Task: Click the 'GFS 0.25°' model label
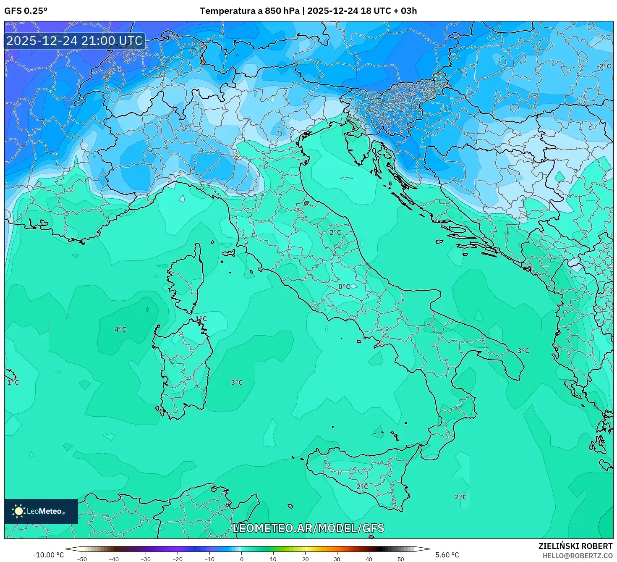point(26,11)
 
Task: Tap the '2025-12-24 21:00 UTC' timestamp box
point(75,41)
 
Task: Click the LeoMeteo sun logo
point(18,511)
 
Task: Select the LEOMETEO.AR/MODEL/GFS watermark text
point(308,528)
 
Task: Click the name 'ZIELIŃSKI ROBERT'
point(575,546)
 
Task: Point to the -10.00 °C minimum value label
point(48,555)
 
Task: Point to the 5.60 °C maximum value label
point(447,555)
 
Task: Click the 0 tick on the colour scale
point(241,559)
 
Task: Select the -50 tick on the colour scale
point(82,559)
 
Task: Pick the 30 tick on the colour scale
point(337,559)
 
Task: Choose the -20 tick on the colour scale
point(178,559)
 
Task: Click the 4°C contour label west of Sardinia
point(120,329)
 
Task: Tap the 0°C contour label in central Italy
point(344,286)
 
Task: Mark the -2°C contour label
point(604,66)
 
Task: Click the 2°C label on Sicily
point(362,486)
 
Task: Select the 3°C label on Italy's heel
point(523,350)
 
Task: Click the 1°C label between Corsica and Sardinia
point(201,319)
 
